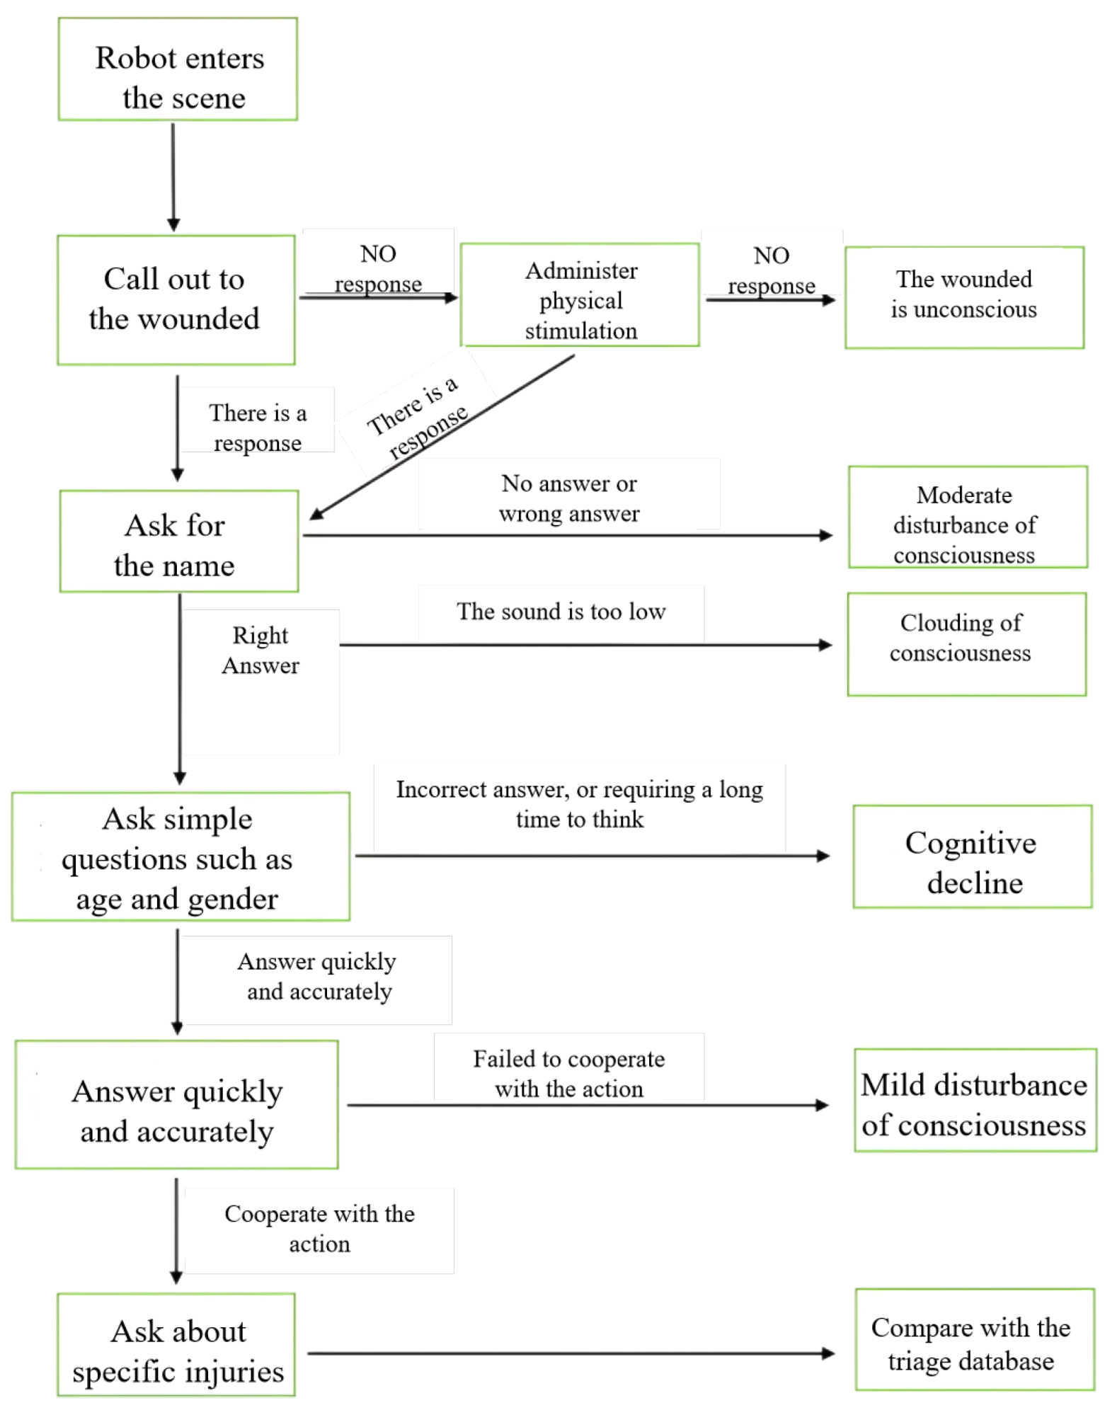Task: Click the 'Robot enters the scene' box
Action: click(178, 69)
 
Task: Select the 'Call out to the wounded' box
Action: click(176, 299)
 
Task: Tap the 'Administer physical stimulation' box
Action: click(580, 294)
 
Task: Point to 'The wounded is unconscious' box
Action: click(963, 297)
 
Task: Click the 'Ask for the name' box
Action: click(179, 541)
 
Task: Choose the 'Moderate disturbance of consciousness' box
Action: click(967, 517)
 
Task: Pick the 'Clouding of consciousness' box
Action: click(966, 644)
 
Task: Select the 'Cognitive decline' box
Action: click(972, 856)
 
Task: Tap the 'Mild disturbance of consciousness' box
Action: click(975, 1100)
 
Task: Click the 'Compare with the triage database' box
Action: click(974, 1339)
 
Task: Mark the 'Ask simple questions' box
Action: click(181, 856)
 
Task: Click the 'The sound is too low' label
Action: click(561, 612)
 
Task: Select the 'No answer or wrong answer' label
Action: click(569, 498)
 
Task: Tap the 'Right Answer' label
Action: click(260, 650)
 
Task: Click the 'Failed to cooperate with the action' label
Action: click(569, 1073)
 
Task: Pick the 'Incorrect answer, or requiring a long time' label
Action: click(579, 804)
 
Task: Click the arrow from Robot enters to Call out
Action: click(173, 177)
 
